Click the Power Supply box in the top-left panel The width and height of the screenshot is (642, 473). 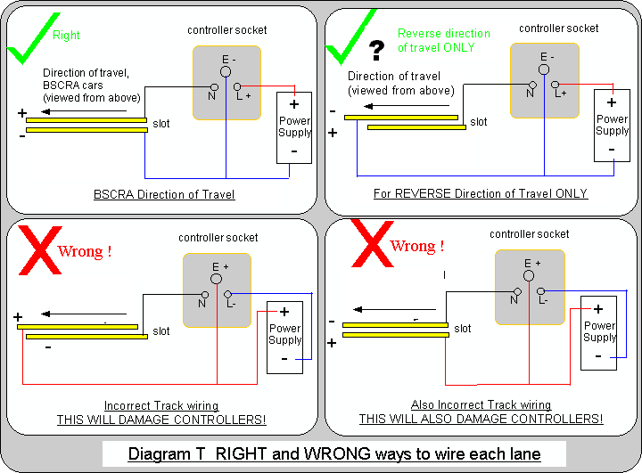point(294,126)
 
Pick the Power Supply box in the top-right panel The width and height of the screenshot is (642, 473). point(612,125)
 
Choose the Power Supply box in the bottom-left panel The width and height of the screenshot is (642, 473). point(285,337)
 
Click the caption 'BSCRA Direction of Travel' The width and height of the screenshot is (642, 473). point(164,193)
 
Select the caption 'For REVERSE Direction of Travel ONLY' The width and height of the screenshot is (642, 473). point(481,193)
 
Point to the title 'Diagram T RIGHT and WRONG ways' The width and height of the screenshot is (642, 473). point(333,453)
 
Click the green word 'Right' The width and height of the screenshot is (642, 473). point(66,36)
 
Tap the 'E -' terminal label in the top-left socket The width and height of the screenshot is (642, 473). point(226,58)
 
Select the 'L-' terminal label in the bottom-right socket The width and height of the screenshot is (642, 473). point(543,300)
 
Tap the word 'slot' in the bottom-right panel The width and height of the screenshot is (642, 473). point(463,329)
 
